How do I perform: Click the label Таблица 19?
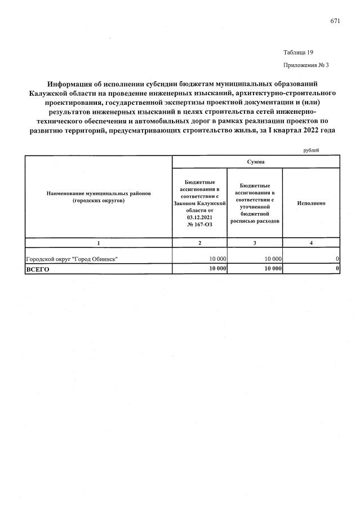pyautogui.click(x=298, y=52)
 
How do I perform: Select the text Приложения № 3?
pyautogui.click(x=306, y=65)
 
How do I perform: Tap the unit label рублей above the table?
pyautogui.click(x=310, y=150)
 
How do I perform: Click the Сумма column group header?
pyautogui.click(x=255, y=162)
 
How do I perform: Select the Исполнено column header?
pyautogui.click(x=310, y=203)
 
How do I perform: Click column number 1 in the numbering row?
pyautogui.click(x=99, y=242)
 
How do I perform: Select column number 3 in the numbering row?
pyautogui.click(x=254, y=242)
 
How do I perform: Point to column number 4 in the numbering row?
pyautogui.click(x=310, y=242)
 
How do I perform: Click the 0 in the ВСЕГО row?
pyautogui.click(x=337, y=269)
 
